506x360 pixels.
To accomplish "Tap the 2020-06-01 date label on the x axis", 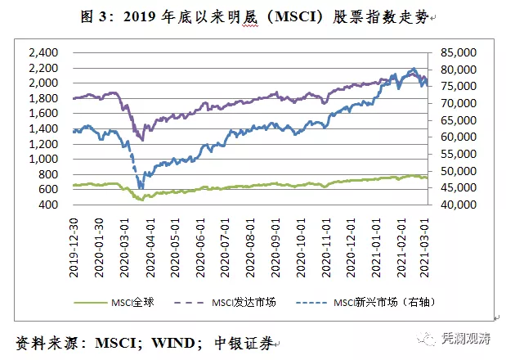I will click(x=200, y=240).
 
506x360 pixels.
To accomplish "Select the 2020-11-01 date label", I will click(x=325, y=240).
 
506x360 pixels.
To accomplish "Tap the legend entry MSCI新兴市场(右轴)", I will click(x=378, y=302).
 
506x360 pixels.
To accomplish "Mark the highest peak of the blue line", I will click(x=414, y=70).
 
